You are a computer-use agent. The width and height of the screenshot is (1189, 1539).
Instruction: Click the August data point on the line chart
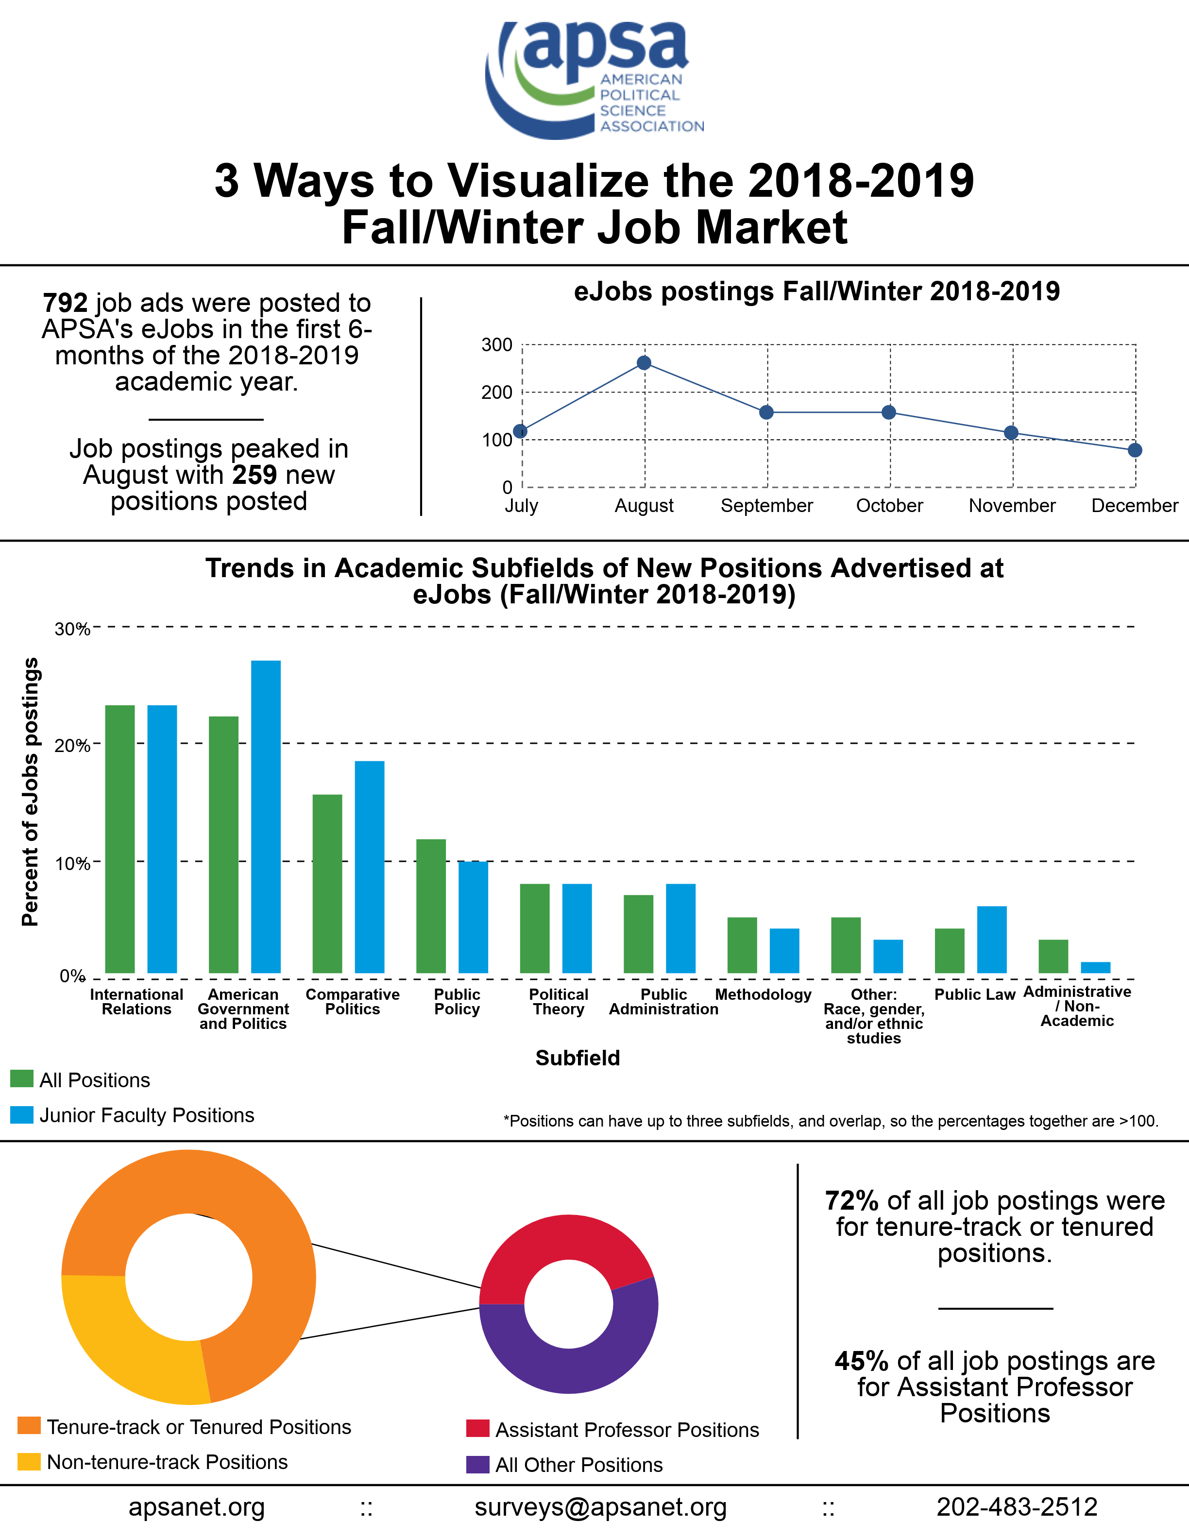pos(644,363)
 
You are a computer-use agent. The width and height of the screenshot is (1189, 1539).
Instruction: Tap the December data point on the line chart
pos(1135,450)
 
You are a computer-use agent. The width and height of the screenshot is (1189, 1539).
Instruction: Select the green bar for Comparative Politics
pos(327,884)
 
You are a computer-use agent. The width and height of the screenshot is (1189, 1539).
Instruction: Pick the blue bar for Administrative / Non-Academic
pos(1095,968)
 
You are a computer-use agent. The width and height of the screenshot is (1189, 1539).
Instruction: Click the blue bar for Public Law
pos(992,940)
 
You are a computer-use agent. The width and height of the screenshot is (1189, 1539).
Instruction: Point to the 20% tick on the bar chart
pos(72,746)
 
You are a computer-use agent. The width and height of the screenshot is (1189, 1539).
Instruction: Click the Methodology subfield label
pos(763,994)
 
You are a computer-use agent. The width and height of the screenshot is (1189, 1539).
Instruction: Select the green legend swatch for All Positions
pos(22,1079)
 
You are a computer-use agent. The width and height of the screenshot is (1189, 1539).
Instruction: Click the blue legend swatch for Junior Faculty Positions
pos(22,1114)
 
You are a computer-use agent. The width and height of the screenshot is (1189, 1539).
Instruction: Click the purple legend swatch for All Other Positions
pos(477,1464)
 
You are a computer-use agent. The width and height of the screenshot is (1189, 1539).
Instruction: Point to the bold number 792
pos(65,303)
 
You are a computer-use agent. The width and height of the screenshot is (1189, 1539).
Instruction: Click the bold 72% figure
pos(851,1201)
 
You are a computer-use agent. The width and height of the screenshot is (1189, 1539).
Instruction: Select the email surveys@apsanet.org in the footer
pos(600,1506)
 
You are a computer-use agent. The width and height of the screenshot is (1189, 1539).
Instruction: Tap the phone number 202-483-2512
pos(1017,1506)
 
